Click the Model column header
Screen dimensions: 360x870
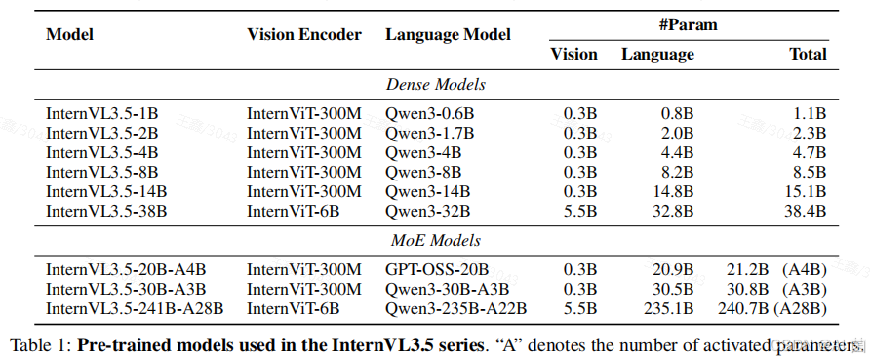pos(69,34)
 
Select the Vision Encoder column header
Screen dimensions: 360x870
pos(303,34)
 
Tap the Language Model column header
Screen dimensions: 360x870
pos(448,34)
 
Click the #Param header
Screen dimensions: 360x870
pos(687,24)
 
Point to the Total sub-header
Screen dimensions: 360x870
pos(808,55)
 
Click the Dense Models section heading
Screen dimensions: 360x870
pos(434,85)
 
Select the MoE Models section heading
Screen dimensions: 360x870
pos(434,241)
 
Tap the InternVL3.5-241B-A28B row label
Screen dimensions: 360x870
pos(135,308)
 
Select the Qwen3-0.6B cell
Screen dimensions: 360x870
pos(429,113)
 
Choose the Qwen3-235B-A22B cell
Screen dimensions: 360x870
pos(455,308)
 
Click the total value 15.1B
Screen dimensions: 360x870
pos(806,191)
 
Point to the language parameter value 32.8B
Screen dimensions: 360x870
pos(673,211)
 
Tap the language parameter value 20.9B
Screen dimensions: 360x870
pos(673,269)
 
